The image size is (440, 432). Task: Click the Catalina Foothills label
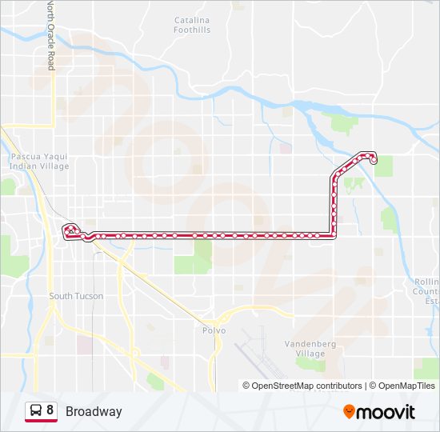coord(192,25)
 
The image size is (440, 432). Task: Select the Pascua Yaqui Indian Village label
coord(40,162)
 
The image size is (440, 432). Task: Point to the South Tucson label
coord(76,296)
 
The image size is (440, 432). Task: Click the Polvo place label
coord(214,330)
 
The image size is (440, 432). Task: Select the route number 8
coord(50,410)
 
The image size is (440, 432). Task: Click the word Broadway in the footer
coord(94,411)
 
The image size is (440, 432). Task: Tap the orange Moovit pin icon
coord(349,412)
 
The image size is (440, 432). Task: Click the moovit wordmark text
coord(386,412)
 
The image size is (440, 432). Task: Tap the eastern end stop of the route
coord(374,161)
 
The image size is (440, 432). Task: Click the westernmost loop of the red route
coord(70,230)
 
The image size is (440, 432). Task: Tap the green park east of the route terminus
coord(384,166)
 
